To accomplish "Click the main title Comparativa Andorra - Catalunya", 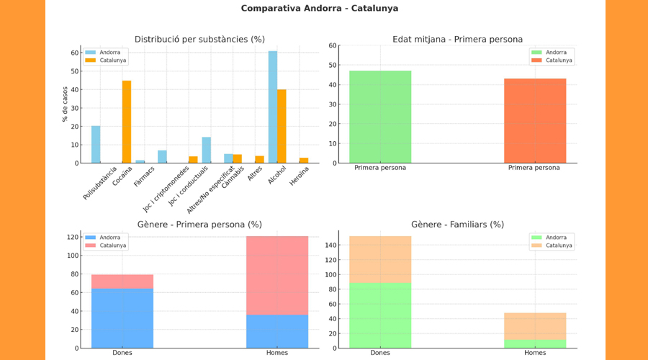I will tap(319, 9).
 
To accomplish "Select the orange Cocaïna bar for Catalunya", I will tap(127, 122).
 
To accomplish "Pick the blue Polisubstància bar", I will tap(96, 145).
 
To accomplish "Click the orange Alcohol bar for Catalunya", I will tap(282, 126).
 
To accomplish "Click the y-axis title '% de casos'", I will tap(65, 104).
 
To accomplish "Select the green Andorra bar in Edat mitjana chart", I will tap(379, 117).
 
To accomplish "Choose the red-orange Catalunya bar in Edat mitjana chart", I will tap(534, 121).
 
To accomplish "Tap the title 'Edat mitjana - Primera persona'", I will tap(457, 39).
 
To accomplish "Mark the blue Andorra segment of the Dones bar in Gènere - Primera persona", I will tap(122, 318).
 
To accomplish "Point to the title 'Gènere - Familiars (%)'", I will tap(457, 225).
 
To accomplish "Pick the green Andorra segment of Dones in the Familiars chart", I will tap(379, 315).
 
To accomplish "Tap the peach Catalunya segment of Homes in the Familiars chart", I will tap(534, 326).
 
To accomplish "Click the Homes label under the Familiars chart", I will tap(534, 353).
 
